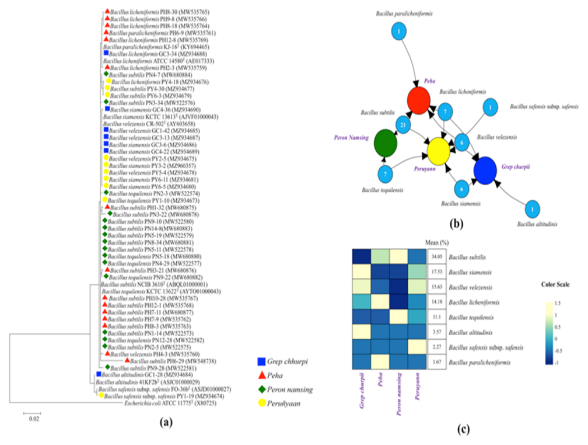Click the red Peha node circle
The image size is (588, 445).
[422, 102]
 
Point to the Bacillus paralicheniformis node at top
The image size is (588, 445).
[398, 32]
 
